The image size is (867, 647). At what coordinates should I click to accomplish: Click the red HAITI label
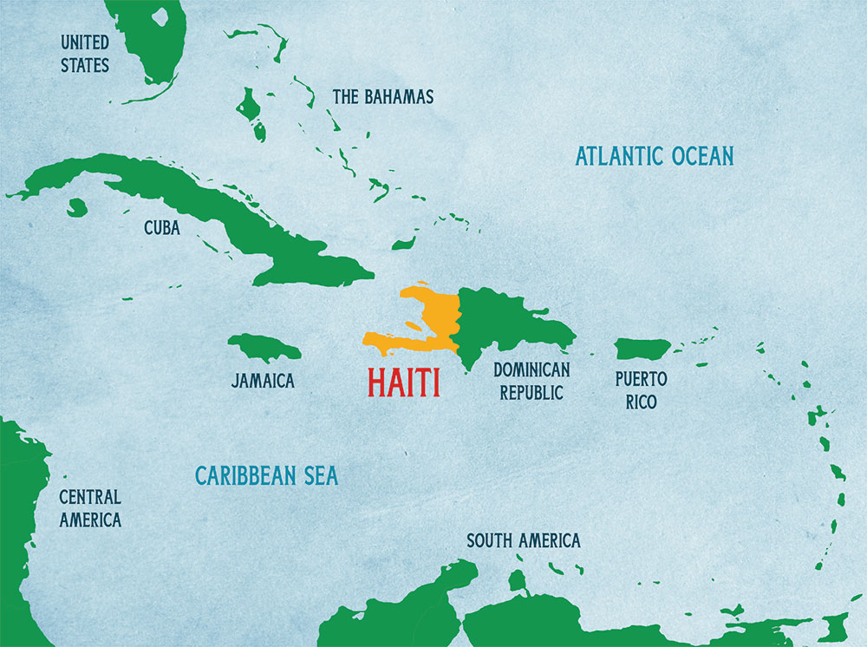tap(403, 382)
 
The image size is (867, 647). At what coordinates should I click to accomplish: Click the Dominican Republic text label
tap(531, 381)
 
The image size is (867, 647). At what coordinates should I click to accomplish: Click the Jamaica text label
tap(263, 381)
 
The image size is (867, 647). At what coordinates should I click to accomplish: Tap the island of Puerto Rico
tap(642, 349)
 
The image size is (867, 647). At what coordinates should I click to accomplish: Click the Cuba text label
tap(162, 228)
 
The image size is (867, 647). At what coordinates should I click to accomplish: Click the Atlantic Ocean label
tap(655, 156)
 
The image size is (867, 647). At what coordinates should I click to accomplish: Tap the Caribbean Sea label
tap(266, 475)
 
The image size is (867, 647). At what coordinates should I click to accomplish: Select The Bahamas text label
tap(382, 96)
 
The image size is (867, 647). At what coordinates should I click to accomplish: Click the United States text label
tap(84, 53)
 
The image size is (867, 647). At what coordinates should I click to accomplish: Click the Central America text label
tap(89, 508)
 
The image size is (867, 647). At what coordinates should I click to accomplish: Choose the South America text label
tap(523, 541)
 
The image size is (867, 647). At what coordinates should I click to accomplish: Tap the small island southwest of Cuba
tap(77, 207)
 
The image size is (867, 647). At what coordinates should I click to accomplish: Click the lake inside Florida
tap(159, 16)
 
